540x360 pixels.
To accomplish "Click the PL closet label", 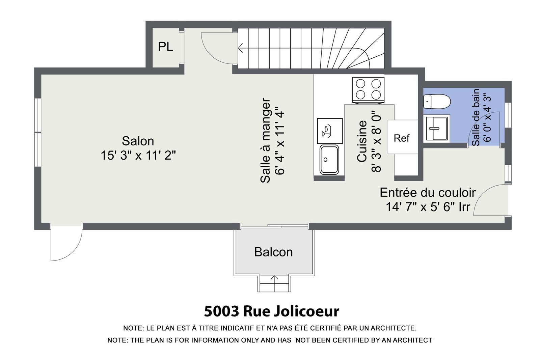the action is click(x=165, y=47).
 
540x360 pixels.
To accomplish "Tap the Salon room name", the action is click(x=138, y=141).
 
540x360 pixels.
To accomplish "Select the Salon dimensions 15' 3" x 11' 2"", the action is click(x=138, y=156).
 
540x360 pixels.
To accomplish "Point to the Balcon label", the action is click(x=273, y=252).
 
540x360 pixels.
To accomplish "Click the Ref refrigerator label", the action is click(x=401, y=138).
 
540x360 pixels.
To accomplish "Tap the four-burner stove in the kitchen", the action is click(x=368, y=90).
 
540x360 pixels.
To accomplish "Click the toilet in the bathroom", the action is click(x=437, y=102).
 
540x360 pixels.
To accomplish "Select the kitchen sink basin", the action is click(x=329, y=160).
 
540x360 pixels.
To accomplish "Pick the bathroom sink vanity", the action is click(x=436, y=129).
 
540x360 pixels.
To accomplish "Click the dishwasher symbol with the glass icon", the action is click(x=329, y=131).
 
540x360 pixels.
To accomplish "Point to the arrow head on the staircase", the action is click(x=240, y=48).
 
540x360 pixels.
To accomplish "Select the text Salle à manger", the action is click(x=265, y=140).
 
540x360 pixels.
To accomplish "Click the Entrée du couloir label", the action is click(x=428, y=193).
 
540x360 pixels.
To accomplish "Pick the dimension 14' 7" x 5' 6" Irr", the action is click(x=428, y=207).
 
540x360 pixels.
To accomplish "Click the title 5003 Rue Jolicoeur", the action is click(x=271, y=311).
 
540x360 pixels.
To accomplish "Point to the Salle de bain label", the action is click(x=476, y=117).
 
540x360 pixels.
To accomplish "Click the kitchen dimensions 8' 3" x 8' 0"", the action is click(x=376, y=141).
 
